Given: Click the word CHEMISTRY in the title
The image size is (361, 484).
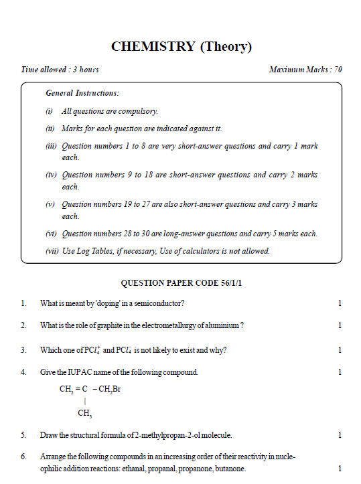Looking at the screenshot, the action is [x=153, y=46].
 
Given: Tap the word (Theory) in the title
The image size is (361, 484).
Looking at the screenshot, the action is [x=225, y=46].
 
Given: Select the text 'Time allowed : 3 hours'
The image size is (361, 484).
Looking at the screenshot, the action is [x=60, y=70].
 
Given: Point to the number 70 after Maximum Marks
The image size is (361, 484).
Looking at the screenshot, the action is [x=338, y=70].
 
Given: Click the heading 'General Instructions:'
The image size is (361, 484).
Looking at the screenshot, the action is [x=82, y=93].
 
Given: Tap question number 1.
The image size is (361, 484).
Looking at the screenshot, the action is [x=23, y=303].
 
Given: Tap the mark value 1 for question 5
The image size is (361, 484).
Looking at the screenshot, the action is [x=340, y=435].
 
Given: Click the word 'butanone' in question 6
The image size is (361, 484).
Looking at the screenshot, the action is [x=230, y=469].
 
